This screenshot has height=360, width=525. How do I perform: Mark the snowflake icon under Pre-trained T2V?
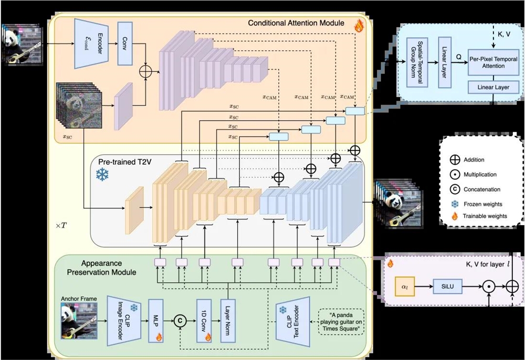pyautogui.click(x=101, y=175)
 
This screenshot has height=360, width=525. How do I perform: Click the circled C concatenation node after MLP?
pyautogui.click(x=180, y=319)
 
